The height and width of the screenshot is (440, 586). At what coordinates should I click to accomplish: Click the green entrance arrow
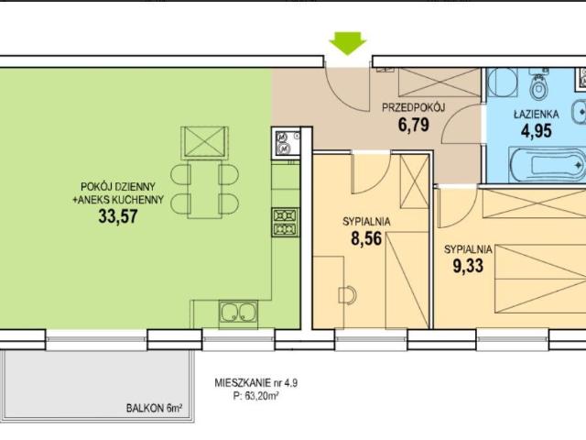point(348,42)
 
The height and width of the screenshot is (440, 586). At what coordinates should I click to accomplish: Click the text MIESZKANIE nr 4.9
point(255,383)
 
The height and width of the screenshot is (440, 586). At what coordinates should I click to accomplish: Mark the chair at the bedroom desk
point(346,294)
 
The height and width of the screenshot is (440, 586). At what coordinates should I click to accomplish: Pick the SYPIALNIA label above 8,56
point(367,221)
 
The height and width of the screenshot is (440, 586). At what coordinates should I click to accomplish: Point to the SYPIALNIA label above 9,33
point(469,248)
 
